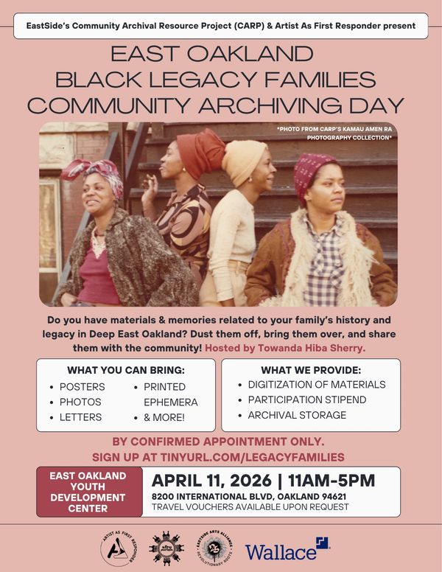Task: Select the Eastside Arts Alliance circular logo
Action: click(x=211, y=549)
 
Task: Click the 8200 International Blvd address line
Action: click(x=249, y=497)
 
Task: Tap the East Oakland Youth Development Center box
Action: click(x=88, y=492)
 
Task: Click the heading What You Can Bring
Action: click(x=125, y=370)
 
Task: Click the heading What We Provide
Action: click(x=311, y=370)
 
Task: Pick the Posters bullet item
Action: click(x=82, y=387)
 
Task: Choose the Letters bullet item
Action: click(x=80, y=418)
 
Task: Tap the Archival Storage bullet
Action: click(x=297, y=416)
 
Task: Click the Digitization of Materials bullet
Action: click(x=316, y=385)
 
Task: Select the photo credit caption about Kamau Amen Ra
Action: click(x=335, y=133)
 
